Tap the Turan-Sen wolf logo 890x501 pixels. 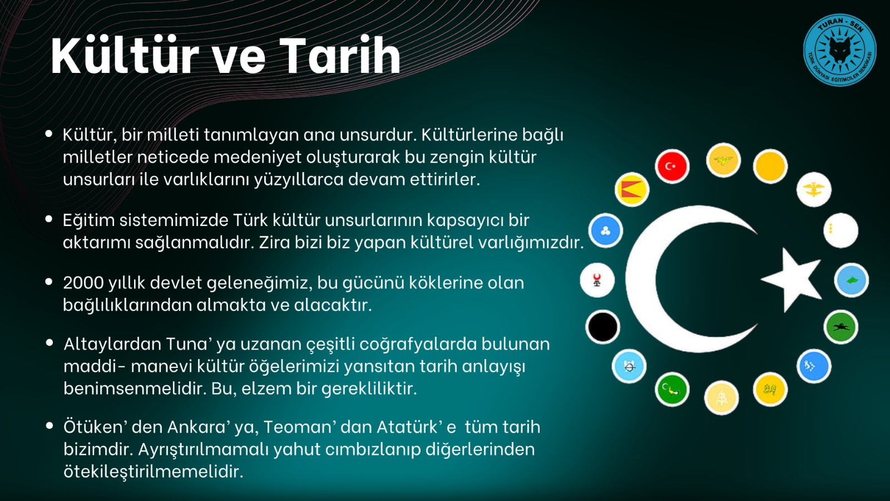pos(839,50)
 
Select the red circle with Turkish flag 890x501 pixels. pos(672,166)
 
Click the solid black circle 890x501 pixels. pos(603,327)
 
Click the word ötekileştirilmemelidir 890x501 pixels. pos(153,472)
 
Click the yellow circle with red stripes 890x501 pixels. pos(632,189)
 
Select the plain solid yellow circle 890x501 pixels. pos(770,166)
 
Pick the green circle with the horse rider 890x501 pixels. pos(840,327)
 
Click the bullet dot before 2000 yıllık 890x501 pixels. pos(49,282)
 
